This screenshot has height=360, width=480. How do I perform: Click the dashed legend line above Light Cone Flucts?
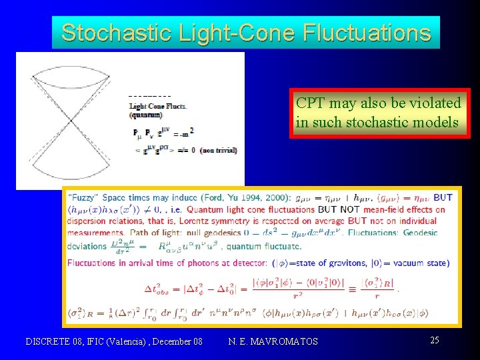pos(150,98)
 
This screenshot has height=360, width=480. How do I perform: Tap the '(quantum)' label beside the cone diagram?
pos(145,114)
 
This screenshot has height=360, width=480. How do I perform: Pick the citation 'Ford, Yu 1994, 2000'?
pos(253,197)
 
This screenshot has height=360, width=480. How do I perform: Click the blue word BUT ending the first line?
pos(442,197)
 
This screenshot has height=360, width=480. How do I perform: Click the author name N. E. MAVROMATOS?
pos(273,341)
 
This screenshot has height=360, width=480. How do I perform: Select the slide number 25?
pos(434,341)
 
